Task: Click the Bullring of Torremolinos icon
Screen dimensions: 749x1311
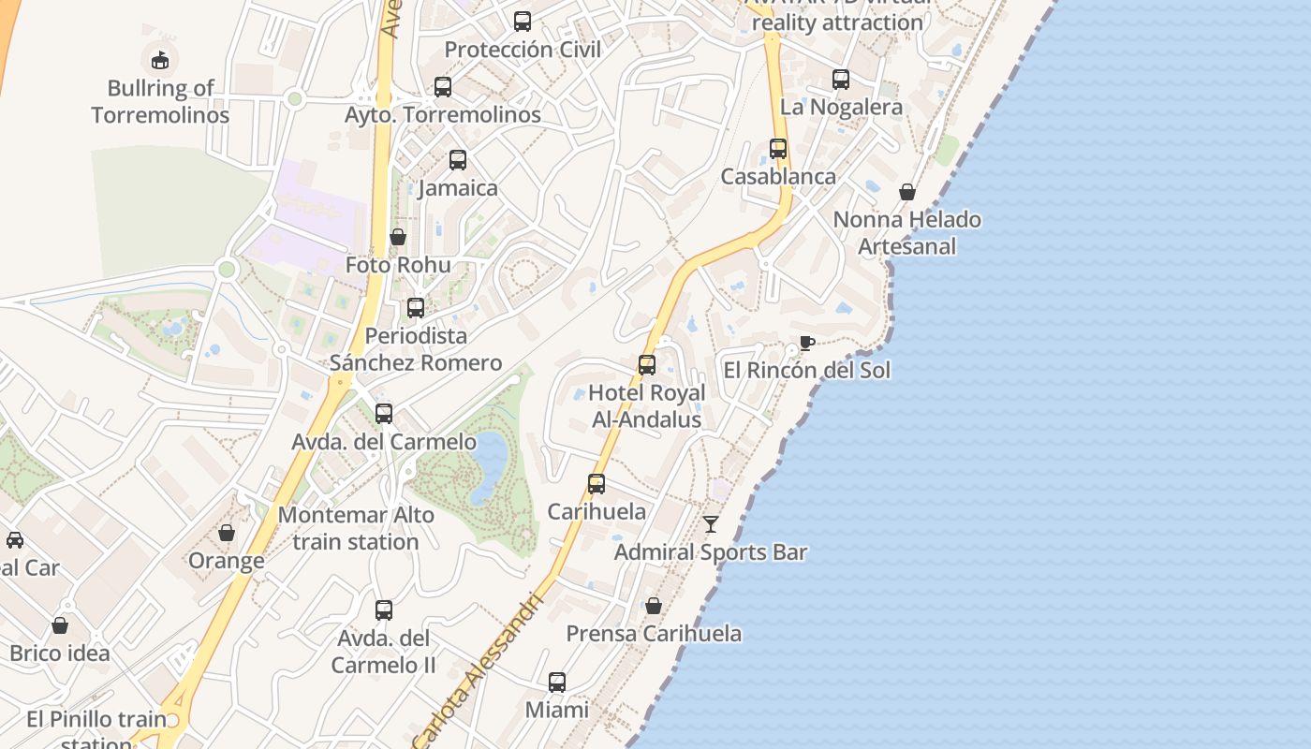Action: coord(160,60)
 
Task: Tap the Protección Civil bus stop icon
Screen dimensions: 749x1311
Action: coord(523,22)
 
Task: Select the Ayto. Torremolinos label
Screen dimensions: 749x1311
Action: coord(443,114)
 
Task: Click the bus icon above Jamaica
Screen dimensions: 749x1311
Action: coord(458,160)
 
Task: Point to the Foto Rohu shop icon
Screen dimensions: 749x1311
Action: coord(398,237)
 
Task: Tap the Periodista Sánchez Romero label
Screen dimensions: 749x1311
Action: coord(416,349)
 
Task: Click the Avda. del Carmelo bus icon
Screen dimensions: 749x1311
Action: coord(384,414)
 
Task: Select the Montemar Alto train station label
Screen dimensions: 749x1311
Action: coord(356,528)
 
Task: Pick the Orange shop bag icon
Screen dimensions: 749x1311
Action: coord(227,533)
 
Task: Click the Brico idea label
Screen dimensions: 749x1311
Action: coord(60,654)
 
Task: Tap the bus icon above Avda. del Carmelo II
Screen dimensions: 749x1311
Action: coord(384,610)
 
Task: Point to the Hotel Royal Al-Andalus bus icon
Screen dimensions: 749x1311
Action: coord(647,365)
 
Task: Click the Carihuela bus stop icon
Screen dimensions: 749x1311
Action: coord(597,484)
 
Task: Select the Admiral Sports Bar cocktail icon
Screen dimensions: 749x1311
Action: coord(711,524)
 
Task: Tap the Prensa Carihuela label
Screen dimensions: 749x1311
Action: coord(654,634)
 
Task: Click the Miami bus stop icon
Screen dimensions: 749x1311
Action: coord(557,683)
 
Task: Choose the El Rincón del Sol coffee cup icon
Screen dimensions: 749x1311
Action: coord(806,343)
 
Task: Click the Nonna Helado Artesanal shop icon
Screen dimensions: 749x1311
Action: coord(907,192)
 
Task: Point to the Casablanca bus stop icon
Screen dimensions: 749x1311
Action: coord(778,149)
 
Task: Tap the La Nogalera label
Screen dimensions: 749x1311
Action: coord(841,107)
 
